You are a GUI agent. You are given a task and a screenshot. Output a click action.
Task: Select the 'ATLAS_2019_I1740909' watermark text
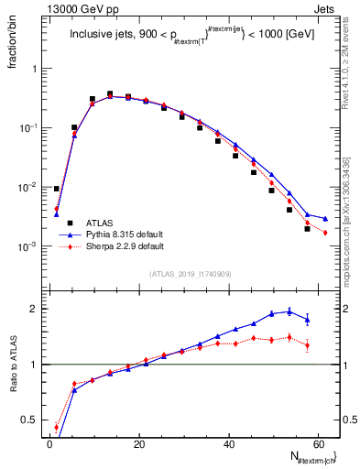191,275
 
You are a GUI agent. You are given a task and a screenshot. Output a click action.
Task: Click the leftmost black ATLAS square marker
57,189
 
